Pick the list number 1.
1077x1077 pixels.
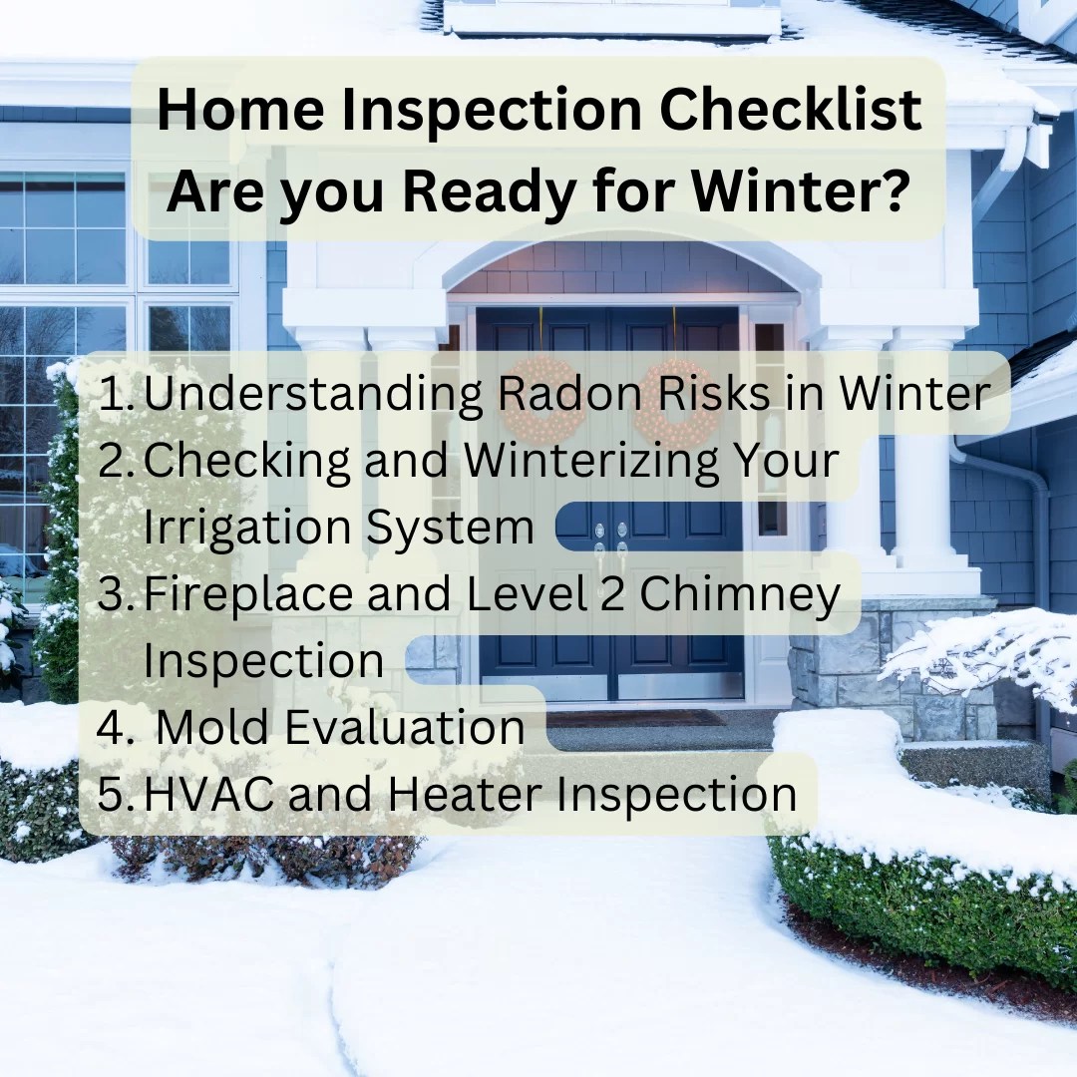(118, 395)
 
